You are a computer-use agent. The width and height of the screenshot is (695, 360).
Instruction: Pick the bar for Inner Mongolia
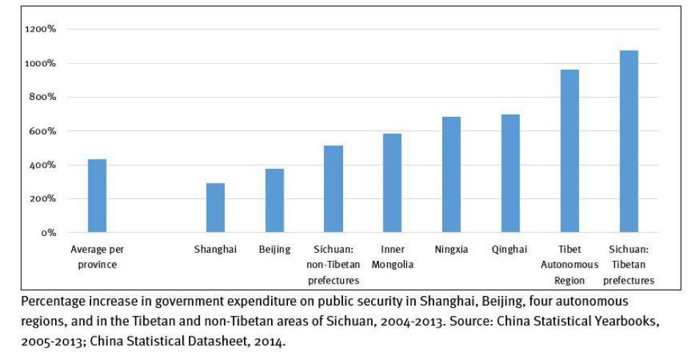(x=392, y=183)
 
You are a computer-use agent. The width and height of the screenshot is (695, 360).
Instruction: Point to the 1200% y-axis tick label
(x=41, y=29)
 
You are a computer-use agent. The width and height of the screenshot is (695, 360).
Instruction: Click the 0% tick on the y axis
(x=48, y=233)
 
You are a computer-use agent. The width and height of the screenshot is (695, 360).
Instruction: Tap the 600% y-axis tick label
(x=43, y=132)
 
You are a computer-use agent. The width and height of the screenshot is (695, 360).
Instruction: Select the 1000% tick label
(x=41, y=63)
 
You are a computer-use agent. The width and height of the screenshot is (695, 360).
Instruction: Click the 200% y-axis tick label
(x=43, y=199)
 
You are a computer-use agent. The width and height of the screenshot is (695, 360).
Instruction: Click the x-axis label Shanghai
(x=215, y=250)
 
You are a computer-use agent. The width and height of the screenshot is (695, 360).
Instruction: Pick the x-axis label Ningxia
(x=451, y=250)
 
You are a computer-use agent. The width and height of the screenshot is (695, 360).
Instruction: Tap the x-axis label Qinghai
(x=510, y=250)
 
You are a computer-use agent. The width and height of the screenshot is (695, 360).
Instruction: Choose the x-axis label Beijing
(x=275, y=250)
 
